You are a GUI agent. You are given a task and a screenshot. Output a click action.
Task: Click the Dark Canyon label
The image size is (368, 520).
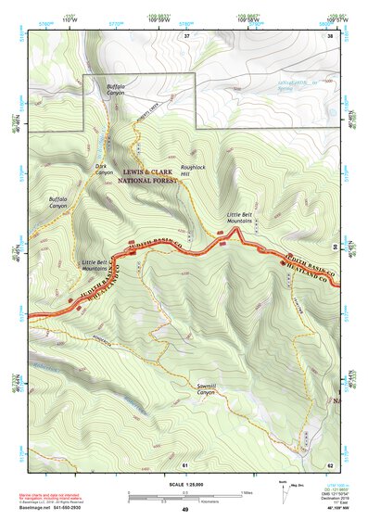[104, 170]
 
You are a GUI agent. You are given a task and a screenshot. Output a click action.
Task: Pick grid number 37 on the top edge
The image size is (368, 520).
[185, 35]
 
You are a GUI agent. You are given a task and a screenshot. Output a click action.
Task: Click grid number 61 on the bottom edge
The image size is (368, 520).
[185, 463]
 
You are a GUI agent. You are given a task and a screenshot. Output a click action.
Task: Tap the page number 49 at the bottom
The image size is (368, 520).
[184, 509]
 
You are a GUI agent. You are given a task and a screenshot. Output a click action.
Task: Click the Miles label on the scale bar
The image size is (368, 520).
[246, 491]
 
